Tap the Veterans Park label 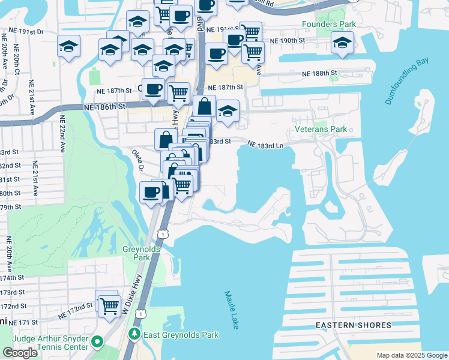(x=321, y=129)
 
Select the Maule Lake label (x=231, y=310)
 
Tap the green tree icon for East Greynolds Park (x=135, y=334)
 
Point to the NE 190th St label (x=288, y=41)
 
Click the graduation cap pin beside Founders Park (x=342, y=43)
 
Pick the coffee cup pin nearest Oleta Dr (x=150, y=192)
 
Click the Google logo (x=20, y=353)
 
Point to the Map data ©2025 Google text (x=412, y=355)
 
